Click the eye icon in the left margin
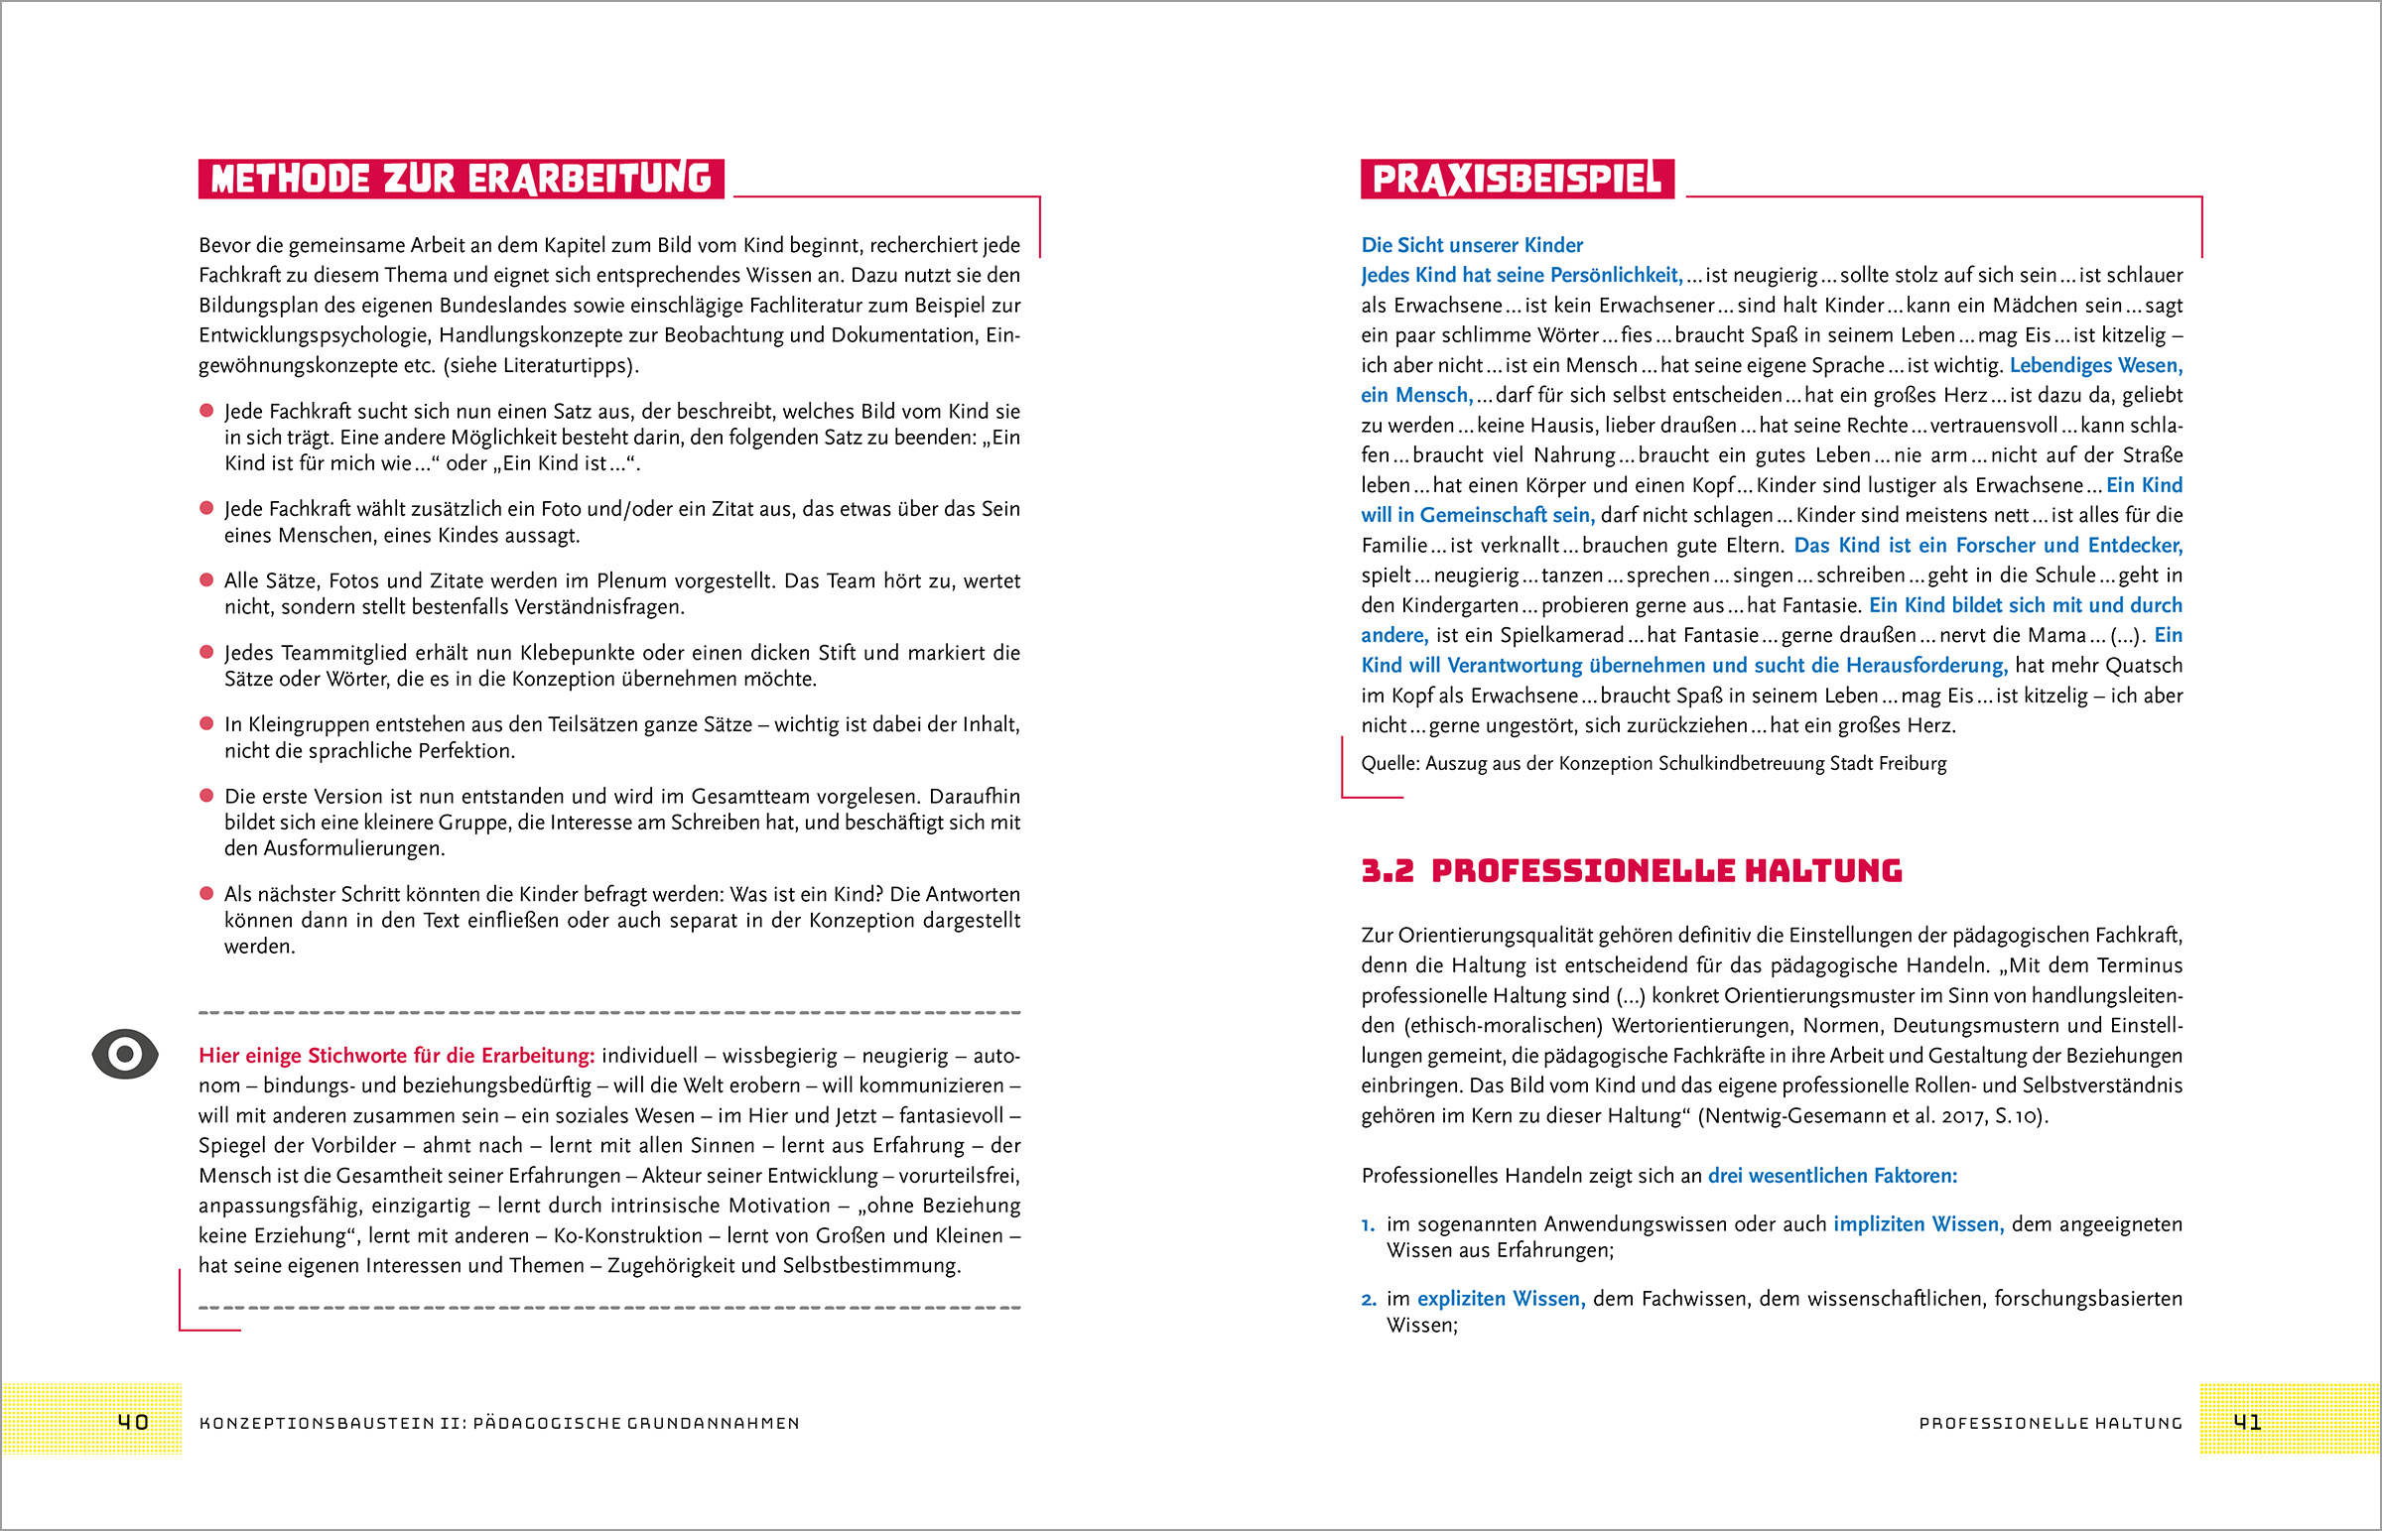125,1054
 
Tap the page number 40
133,1422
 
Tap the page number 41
2247,1422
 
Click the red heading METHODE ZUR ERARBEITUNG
462,179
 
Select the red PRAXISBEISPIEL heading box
1518,179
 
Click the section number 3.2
1387,871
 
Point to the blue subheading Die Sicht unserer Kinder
1471,244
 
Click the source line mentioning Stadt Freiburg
1654,763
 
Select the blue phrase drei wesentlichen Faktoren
1832,1175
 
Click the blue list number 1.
1368,1224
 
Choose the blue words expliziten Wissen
1502,1299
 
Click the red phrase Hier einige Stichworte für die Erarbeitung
397,1056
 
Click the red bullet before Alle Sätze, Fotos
206,580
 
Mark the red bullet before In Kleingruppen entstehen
206,723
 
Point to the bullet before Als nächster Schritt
206,894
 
